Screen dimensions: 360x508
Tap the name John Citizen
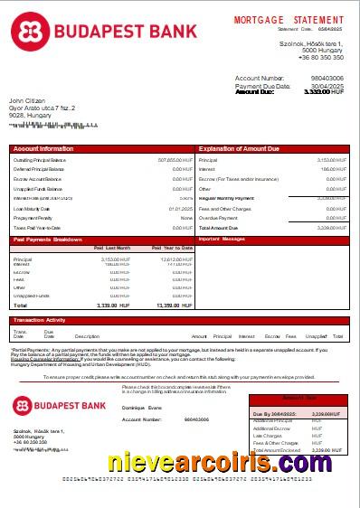pos(27,100)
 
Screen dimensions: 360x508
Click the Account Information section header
pos(43,147)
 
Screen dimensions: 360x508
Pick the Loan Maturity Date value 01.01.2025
pos(181,208)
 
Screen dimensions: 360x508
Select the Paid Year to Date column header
pos(172,247)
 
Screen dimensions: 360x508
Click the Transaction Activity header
pos(40,320)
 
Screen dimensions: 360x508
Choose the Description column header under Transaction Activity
pos(87,335)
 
